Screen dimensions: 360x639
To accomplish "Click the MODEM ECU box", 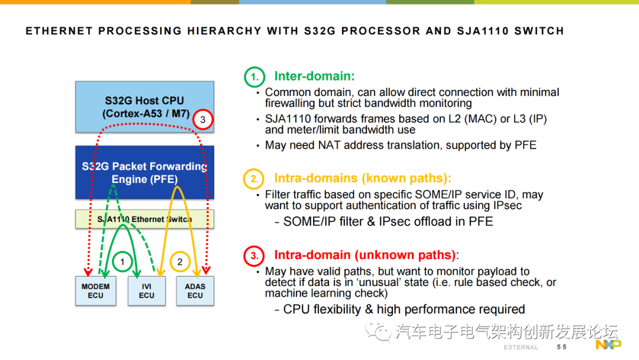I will tap(95, 291).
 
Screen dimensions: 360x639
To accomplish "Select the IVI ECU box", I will tap(147, 291).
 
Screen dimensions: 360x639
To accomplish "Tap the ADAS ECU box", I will tap(195, 291).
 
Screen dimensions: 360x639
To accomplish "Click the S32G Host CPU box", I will tap(144, 107).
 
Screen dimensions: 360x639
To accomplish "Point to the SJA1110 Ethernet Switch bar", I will tap(144, 219).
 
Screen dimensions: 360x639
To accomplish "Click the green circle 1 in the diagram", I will tap(122, 261).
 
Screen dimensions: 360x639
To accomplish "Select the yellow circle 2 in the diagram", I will tap(181, 261).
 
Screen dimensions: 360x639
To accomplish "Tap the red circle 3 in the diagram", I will tap(203, 120).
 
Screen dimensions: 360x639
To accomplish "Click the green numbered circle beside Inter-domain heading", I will tap(254, 77).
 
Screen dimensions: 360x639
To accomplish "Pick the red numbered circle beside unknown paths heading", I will tap(254, 256).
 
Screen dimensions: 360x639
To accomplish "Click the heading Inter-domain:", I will tap(314, 76).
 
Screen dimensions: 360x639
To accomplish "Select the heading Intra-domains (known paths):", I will tap(362, 178).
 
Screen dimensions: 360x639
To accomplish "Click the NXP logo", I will tap(608, 345).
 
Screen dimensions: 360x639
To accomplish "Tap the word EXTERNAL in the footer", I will tap(521, 347).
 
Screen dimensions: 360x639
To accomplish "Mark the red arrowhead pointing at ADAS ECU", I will tap(205, 271).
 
